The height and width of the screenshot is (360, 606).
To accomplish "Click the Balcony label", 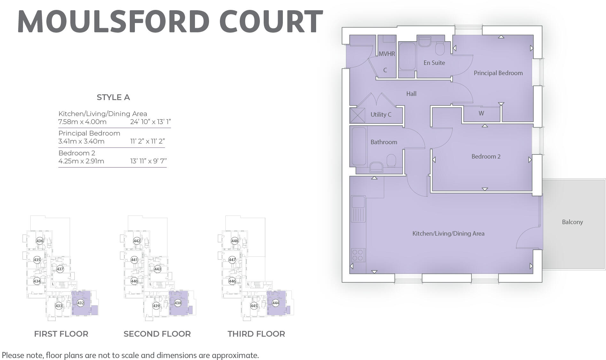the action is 572,222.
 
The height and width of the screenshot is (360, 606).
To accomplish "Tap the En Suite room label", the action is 434,63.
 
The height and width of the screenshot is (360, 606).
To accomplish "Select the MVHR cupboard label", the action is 387,54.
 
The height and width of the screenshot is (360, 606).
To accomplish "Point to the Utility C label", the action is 381,114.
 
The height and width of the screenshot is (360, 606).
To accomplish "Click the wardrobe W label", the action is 481,113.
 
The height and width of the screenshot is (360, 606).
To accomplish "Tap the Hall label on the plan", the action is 411,94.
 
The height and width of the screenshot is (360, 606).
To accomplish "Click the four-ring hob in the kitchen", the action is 358,255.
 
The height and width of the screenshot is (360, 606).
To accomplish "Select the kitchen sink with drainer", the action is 358,208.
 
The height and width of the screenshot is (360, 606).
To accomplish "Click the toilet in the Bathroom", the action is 391,160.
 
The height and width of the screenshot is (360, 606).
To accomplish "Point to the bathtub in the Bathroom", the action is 359,146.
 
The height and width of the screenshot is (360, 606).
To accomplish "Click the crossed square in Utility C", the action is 357,115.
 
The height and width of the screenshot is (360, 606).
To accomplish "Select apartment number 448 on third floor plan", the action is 235,241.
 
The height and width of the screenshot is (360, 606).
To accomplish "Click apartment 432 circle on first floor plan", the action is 81,303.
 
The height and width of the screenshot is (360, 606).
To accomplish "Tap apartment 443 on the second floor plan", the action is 158,269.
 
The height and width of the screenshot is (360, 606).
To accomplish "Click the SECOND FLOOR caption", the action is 157,334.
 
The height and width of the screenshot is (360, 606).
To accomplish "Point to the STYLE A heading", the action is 113,97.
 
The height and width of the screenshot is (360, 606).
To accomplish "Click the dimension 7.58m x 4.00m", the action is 82,122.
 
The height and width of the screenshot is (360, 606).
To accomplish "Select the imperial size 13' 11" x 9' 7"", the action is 148,161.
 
